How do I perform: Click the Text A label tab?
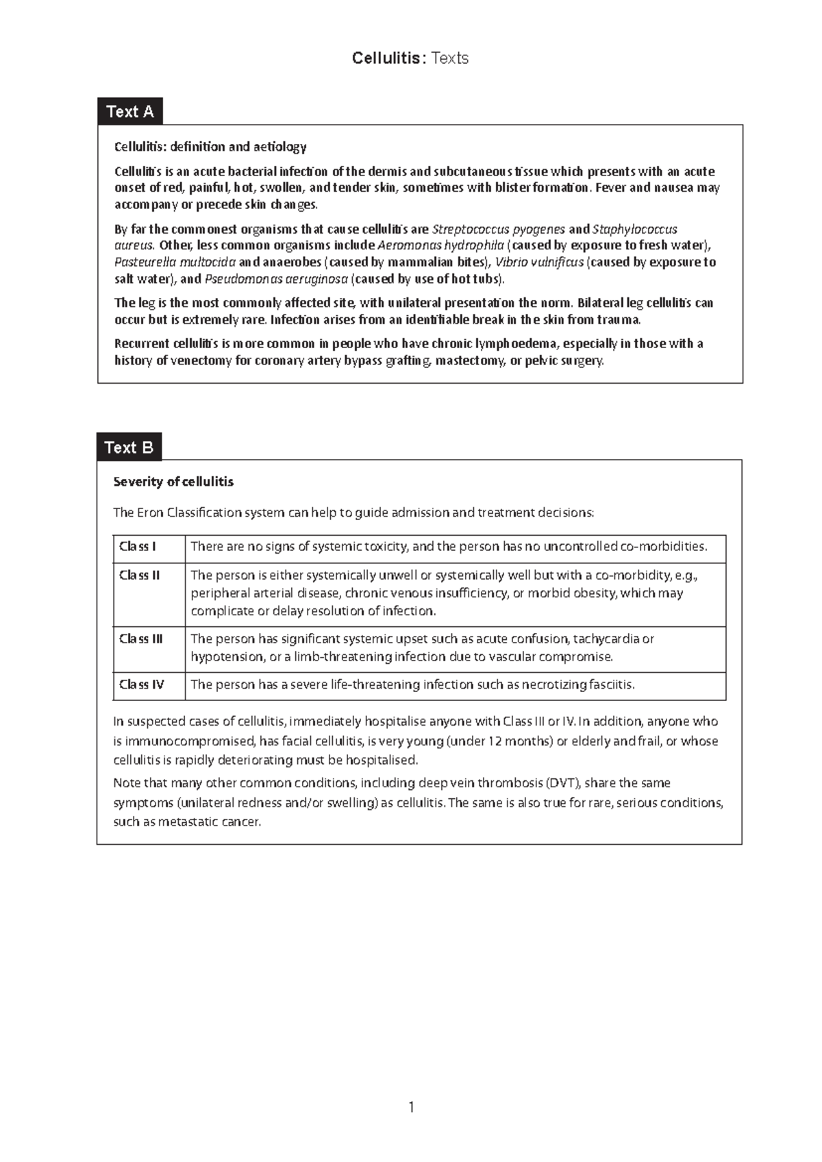click(x=130, y=112)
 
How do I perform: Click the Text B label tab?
click(x=129, y=447)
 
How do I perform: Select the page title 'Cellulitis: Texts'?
click(x=410, y=58)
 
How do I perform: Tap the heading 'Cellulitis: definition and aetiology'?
click(x=210, y=147)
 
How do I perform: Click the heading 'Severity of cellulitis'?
click(x=173, y=482)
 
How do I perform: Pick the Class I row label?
click(x=138, y=547)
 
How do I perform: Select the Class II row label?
click(x=140, y=576)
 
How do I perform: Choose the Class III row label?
click(x=141, y=639)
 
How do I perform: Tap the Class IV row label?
click(x=142, y=684)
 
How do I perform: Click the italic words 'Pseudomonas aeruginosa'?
click(x=276, y=279)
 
